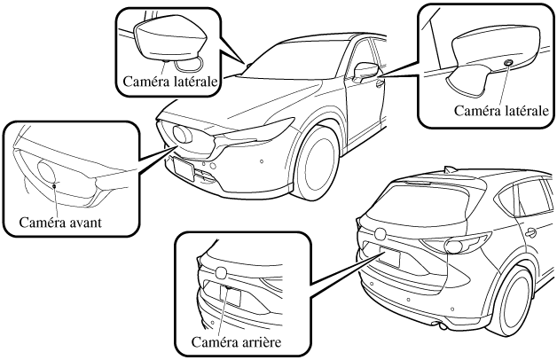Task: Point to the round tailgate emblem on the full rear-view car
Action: [380, 233]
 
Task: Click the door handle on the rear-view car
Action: [530, 232]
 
